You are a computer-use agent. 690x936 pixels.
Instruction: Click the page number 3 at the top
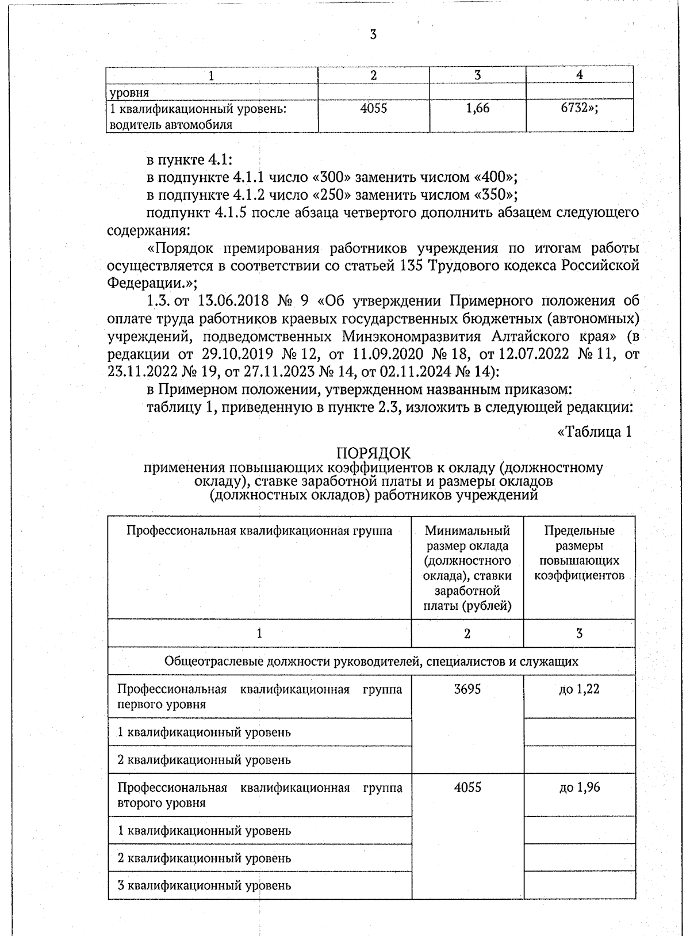pyautogui.click(x=373, y=35)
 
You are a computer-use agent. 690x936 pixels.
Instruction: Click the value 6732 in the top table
pyautogui.click(x=577, y=108)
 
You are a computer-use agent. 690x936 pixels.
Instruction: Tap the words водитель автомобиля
pyautogui.click(x=171, y=124)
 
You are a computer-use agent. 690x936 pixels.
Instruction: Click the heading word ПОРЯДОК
pyautogui.click(x=373, y=454)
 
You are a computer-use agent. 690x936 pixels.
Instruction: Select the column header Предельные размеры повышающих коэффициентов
pyautogui.click(x=579, y=553)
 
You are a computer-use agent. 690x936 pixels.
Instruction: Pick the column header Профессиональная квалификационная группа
pyautogui.click(x=259, y=530)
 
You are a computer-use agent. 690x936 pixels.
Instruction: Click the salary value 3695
pyautogui.click(x=467, y=689)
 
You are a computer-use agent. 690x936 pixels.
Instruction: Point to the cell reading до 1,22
pyautogui.click(x=579, y=689)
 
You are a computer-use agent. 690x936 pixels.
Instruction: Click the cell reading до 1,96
pyautogui.click(x=579, y=788)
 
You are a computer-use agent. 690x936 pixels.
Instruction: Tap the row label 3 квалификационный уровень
pyautogui.click(x=204, y=885)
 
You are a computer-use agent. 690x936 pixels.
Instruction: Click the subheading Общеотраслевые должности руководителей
pyautogui.click(x=371, y=661)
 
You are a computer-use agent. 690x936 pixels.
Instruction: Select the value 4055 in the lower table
pyautogui.click(x=467, y=788)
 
